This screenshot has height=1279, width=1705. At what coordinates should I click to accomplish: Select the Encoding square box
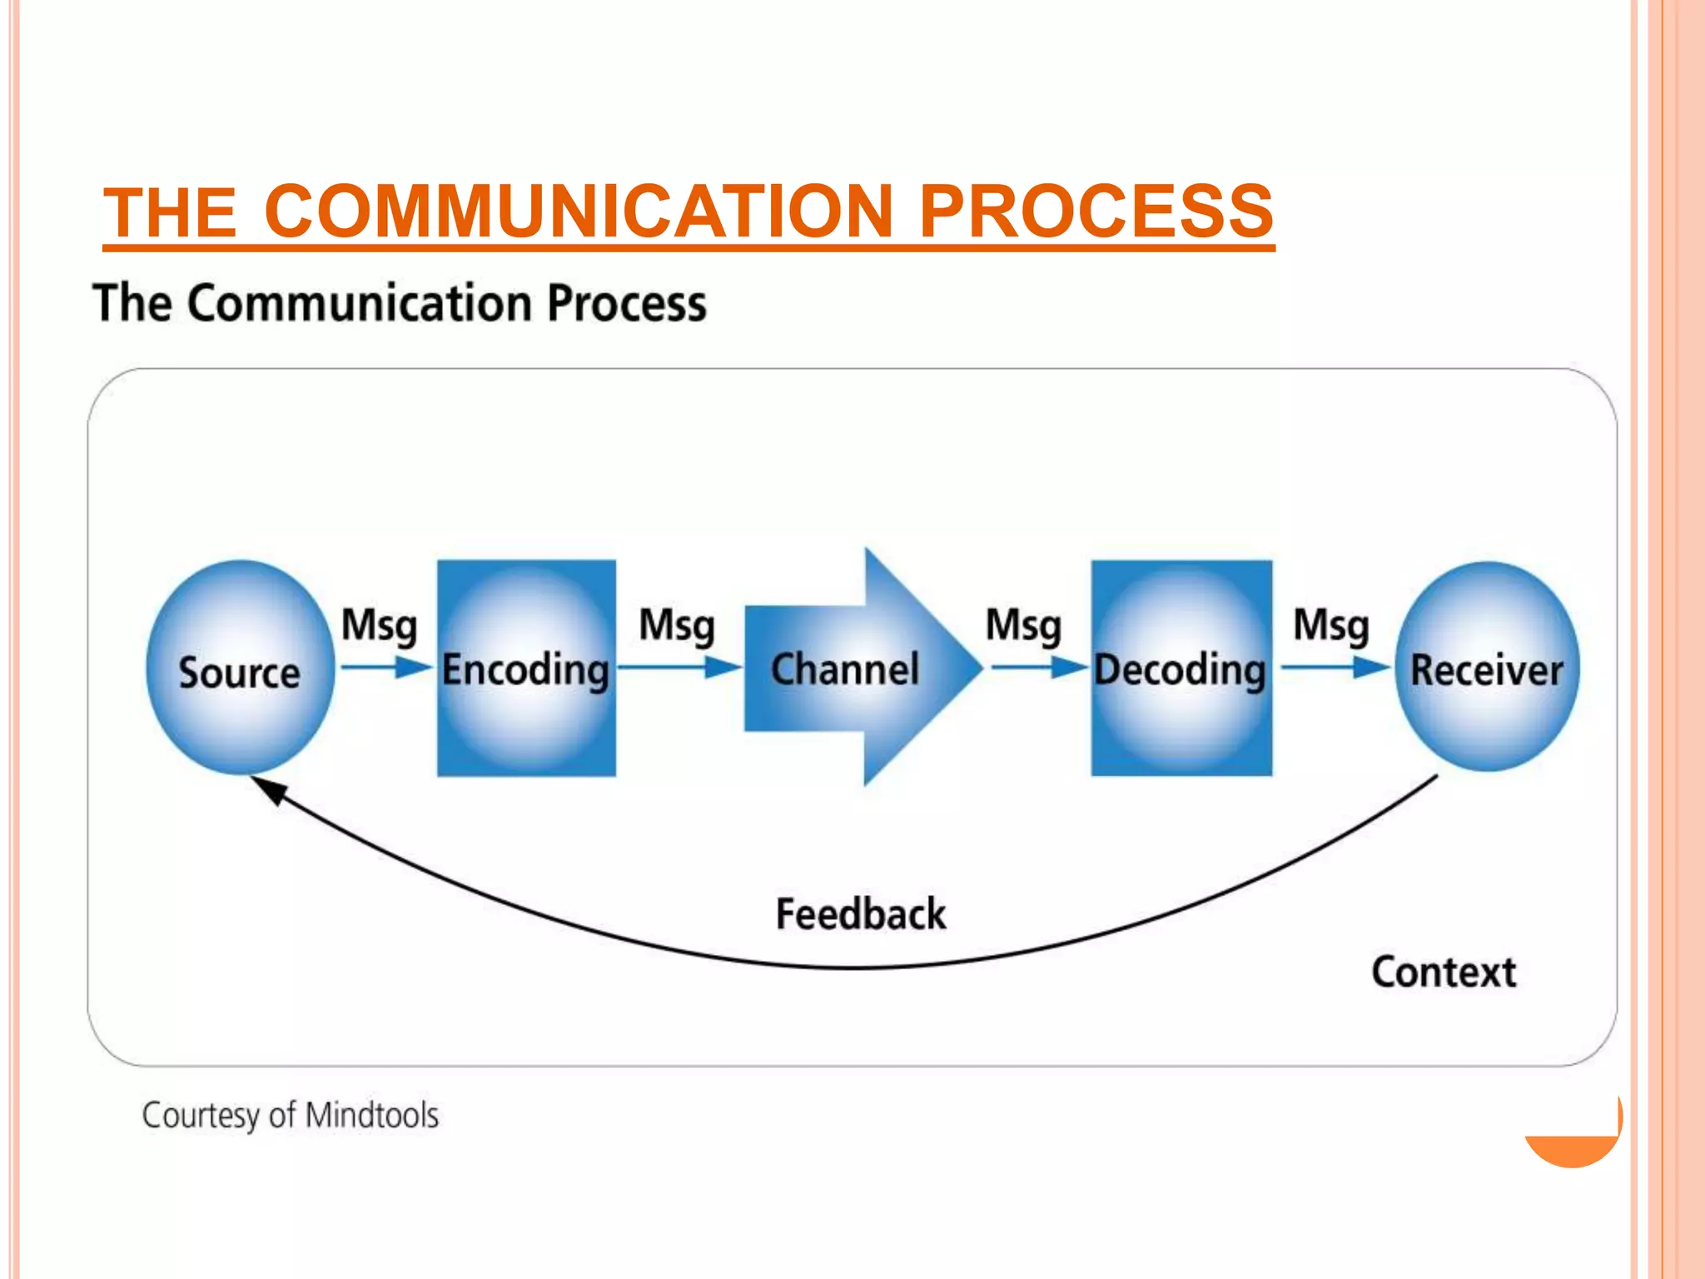pyautogui.click(x=526, y=668)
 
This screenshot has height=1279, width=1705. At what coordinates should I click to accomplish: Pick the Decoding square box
pyautogui.click(x=1181, y=668)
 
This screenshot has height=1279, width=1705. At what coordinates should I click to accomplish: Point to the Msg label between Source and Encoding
pyautogui.click(x=379, y=625)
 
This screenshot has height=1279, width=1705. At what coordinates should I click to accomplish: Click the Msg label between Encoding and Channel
pyautogui.click(x=676, y=625)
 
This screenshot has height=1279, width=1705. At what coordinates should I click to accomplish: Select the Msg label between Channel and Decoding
pyautogui.click(x=1023, y=625)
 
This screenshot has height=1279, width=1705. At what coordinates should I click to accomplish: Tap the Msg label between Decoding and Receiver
pyautogui.click(x=1330, y=625)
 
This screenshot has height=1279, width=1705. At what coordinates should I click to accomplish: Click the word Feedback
pyautogui.click(x=860, y=914)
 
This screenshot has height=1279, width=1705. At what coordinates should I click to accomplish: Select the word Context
pyautogui.click(x=1444, y=972)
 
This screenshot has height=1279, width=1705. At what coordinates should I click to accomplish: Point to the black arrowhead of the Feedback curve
pyautogui.click(x=268, y=789)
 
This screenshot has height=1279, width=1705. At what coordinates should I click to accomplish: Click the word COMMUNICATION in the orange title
pyautogui.click(x=579, y=212)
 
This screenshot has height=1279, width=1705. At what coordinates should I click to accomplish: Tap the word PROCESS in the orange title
pyautogui.click(x=1096, y=212)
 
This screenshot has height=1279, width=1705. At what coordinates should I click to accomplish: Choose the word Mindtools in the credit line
pyautogui.click(x=371, y=1115)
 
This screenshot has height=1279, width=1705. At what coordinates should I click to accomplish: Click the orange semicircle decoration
pyautogui.click(x=1572, y=1149)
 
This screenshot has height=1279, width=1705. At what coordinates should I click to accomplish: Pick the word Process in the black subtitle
pyautogui.click(x=626, y=303)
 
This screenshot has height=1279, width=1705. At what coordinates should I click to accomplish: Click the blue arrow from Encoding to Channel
pyautogui.click(x=679, y=667)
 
